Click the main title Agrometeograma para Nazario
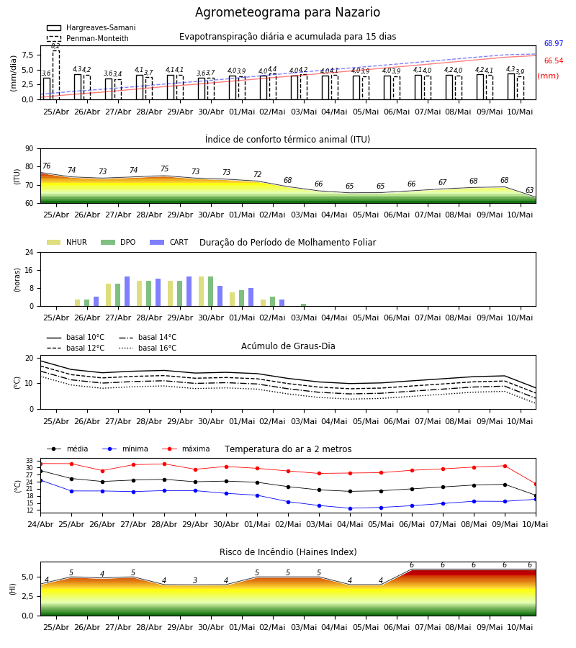pos(287,12)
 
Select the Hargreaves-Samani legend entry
pos(91,27)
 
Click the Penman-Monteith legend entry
pos(88,38)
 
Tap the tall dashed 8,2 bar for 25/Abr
pos(55,75)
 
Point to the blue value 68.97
pos(554,43)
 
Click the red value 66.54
pos(554,60)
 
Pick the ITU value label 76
pos(46,166)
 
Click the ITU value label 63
pos(529,190)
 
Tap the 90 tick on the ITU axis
pos(29,149)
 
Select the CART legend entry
pos(169,242)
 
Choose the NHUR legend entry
pos(67,242)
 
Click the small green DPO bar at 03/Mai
pos(303,305)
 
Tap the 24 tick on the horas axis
pos(29,252)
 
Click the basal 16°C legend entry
pos(148,348)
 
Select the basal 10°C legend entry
pos(76,337)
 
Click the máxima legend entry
pos(186,449)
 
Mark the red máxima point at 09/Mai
pos(505,466)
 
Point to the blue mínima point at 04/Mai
pos(351,508)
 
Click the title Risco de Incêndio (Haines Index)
pos(288,552)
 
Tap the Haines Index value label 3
pos(195,580)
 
